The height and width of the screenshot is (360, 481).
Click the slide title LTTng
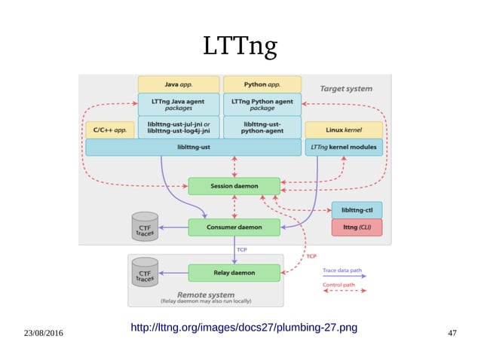[240, 47]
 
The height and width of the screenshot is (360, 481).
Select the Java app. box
[179, 84]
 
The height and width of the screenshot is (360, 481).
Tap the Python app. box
[262, 84]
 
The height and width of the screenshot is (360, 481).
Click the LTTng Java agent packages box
[179, 104]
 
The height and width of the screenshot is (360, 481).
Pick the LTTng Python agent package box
[262, 104]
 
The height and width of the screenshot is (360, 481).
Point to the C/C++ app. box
[110, 130]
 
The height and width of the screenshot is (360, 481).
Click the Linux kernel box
[344, 130]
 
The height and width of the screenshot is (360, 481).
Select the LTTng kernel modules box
[344, 147]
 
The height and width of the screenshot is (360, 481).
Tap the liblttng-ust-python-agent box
[262, 127]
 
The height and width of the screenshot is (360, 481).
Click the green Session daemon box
[234, 185]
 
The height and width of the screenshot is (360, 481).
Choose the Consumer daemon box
[234, 227]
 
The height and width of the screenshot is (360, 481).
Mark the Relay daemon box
[234, 272]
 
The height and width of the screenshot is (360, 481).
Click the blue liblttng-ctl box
[357, 209]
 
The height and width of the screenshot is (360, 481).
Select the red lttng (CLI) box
[357, 227]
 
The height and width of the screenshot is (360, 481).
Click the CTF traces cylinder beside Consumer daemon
[145, 227]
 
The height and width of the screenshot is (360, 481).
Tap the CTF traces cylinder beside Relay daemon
[145, 272]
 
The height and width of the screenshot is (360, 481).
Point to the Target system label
[346, 88]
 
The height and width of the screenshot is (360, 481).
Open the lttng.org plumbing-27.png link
[244, 328]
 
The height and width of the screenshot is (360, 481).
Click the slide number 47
[452, 333]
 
